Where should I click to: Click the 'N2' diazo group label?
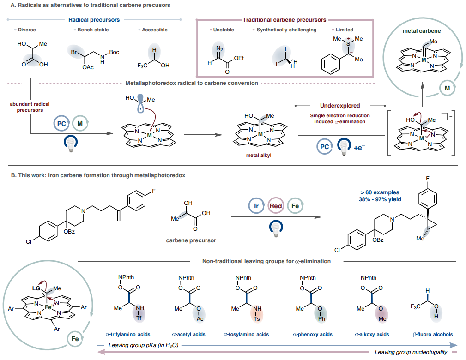[x=218, y=48]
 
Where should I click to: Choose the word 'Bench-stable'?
[x=89, y=30]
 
